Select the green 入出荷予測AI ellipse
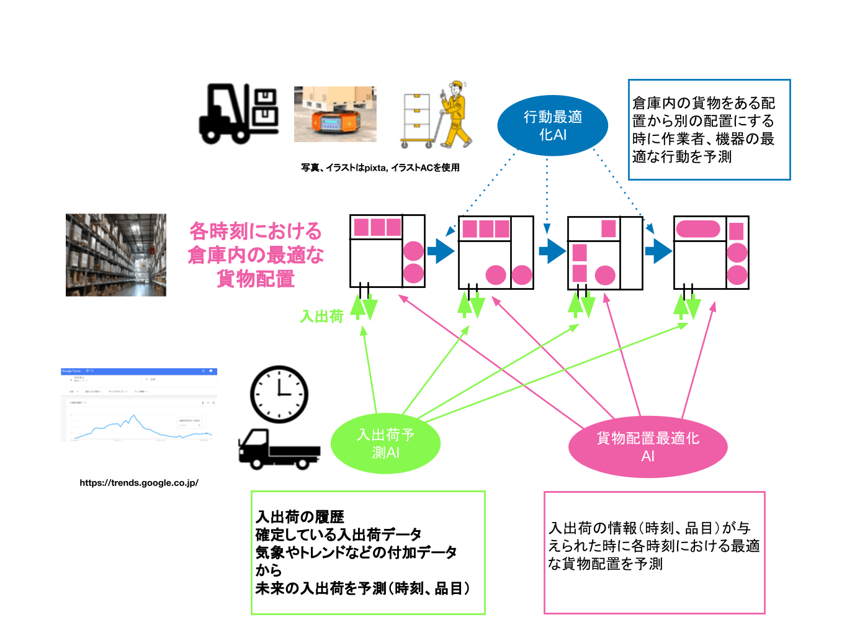[385, 443]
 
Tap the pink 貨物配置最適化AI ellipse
[647, 447]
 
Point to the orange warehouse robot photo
[335, 114]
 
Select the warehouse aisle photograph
[116, 255]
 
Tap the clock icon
[279, 395]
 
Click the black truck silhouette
[278, 449]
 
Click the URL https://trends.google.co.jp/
[139, 483]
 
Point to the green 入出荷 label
[321, 317]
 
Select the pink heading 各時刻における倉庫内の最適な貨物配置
[256, 254]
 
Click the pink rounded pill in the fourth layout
[698, 229]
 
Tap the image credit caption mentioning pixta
[380, 168]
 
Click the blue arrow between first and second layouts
[441, 251]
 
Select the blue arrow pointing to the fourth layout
[658, 251]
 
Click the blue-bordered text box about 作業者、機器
[709, 130]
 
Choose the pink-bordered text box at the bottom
[654, 552]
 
